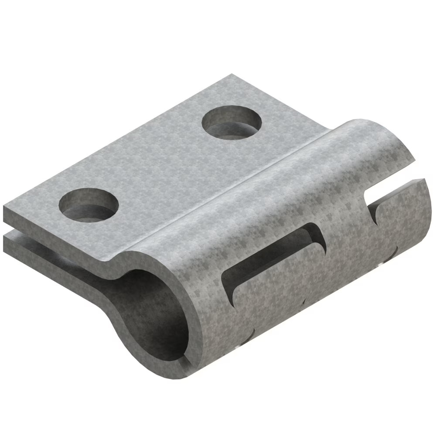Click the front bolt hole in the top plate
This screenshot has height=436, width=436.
pos(89,205)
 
